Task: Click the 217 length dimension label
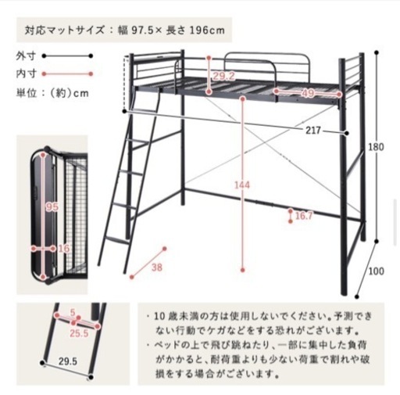pyautogui.click(x=312, y=130)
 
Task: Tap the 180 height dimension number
pyautogui.click(x=376, y=147)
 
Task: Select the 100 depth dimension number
pyautogui.click(x=377, y=271)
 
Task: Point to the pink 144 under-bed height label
pyautogui.click(x=242, y=185)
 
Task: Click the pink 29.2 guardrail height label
pyautogui.click(x=224, y=76)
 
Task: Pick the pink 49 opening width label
pyautogui.click(x=307, y=93)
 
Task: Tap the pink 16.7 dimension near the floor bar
pyautogui.click(x=304, y=216)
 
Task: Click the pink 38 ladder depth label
pyautogui.click(x=156, y=267)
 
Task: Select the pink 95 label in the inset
pyautogui.click(x=52, y=207)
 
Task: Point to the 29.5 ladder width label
pyautogui.click(x=68, y=361)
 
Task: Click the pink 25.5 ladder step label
pyautogui.click(x=79, y=333)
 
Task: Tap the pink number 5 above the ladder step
pyautogui.click(x=73, y=312)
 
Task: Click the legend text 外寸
pyautogui.click(x=25, y=56)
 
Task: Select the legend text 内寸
pyautogui.click(x=25, y=74)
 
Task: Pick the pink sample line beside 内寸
pyautogui.click(x=67, y=74)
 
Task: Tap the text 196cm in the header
pyautogui.click(x=207, y=31)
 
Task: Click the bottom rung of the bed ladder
pyautogui.click(x=116, y=239)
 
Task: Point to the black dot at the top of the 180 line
pyautogui.click(x=377, y=52)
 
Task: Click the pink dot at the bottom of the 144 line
pyautogui.click(x=243, y=271)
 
